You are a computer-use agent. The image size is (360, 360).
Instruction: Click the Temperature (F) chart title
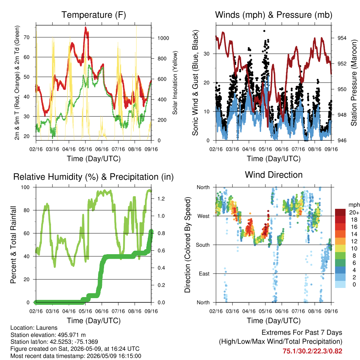[x=94, y=15]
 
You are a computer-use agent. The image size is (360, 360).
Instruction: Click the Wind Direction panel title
[x=274, y=175]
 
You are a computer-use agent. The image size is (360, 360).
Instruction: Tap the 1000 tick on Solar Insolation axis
[x=163, y=38]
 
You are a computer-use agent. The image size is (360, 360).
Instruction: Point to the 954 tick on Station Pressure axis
[x=342, y=38]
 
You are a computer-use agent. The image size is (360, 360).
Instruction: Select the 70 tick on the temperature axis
[x=27, y=37]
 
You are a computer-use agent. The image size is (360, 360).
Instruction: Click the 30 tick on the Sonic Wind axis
[x=206, y=54]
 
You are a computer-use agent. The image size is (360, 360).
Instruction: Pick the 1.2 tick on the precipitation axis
[x=161, y=199]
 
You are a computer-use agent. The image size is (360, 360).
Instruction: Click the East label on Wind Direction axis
[x=204, y=274]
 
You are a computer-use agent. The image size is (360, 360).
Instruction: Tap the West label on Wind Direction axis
[x=204, y=216]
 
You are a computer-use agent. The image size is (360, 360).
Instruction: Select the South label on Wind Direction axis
[x=203, y=245]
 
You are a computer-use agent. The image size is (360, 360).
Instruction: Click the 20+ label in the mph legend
[x=354, y=213]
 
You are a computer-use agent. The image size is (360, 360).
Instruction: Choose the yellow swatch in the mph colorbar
[x=340, y=249]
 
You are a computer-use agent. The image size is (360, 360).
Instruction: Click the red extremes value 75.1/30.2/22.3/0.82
[x=312, y=351]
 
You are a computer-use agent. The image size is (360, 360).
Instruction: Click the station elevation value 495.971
[x=71, y=335]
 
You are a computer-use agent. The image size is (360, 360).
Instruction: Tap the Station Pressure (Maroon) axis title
[x=354, y=83]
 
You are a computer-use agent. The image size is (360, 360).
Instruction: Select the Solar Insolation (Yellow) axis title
[x=175, y=83]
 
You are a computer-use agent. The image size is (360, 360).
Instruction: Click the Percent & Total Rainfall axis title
[x=13, y=245]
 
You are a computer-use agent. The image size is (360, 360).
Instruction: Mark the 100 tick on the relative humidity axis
[x=25, y=187]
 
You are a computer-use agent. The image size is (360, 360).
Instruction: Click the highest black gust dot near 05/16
[x=264, y=31]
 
